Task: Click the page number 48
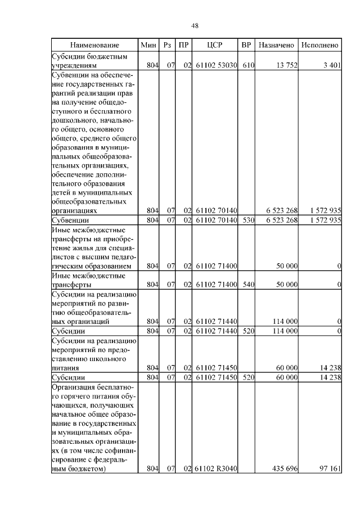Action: click(195, 25)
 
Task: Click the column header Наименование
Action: click(94, 44)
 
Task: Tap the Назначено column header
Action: click(276, 44)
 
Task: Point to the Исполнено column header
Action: click(319, 44)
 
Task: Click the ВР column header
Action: click(246, 44)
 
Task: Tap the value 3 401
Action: click(332, 65)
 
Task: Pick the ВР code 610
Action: click(248, 65)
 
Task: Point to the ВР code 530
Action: click(248, 220)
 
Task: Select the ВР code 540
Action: click(248, 285)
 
